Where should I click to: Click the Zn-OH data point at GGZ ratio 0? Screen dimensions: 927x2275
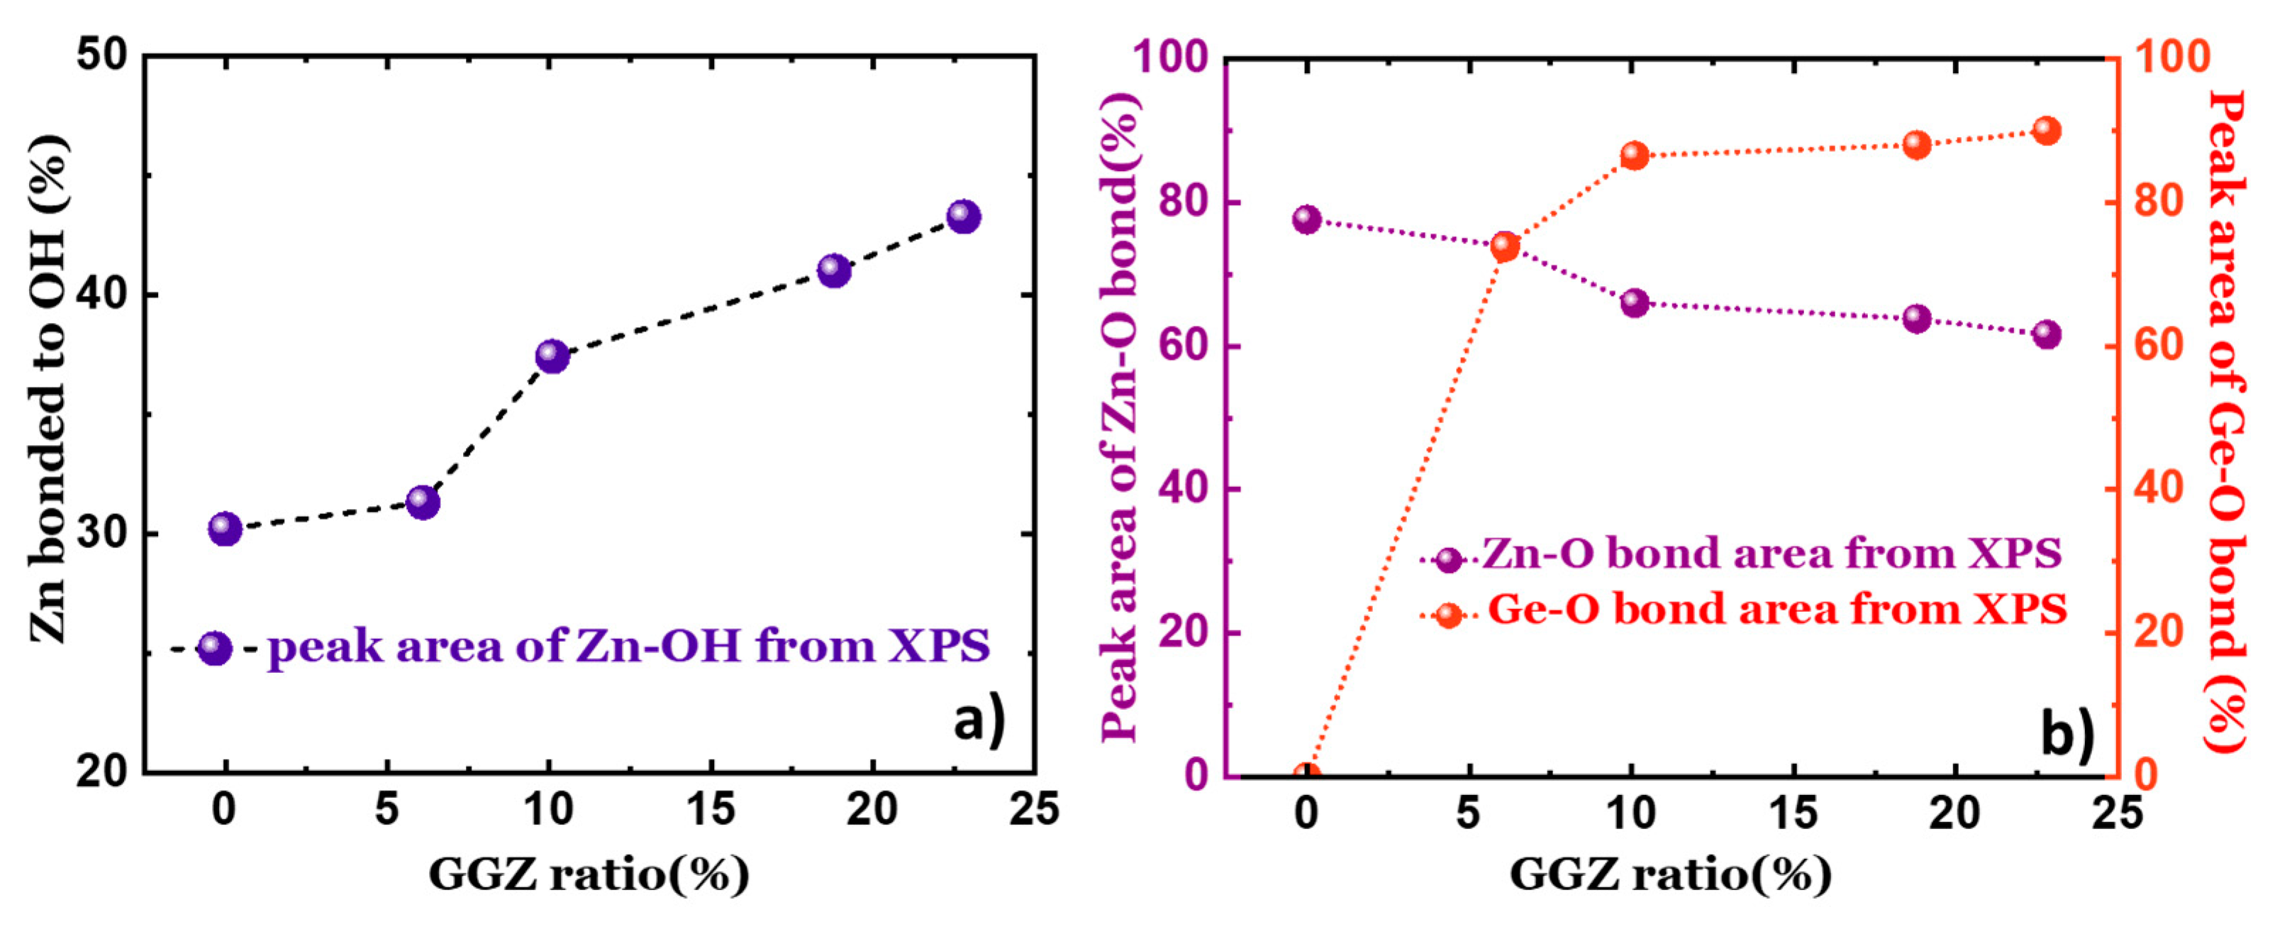point(226,529)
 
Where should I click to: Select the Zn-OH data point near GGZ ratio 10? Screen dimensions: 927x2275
point(552,356)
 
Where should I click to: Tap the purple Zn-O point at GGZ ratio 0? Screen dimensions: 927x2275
point(1307,219)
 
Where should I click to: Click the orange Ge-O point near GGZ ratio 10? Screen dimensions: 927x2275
point(1635,156)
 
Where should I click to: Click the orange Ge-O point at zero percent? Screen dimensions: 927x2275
point(1307,774)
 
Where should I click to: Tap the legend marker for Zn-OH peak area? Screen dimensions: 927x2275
point(216,649)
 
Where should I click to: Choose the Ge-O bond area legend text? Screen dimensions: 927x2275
point(1777,610)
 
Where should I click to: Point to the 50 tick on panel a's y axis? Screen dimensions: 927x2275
point(104,55)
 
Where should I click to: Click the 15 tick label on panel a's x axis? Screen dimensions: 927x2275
point(711,808)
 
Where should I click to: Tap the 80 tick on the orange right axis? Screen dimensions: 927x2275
point(2159,202)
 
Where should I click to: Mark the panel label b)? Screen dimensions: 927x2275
point(2067,733)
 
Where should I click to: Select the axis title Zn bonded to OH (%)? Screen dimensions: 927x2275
point(48,389)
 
